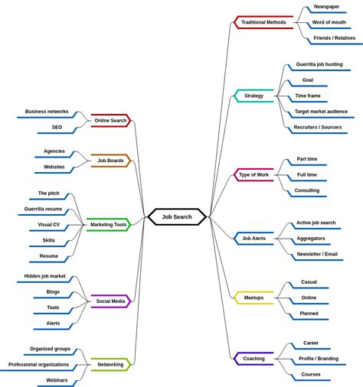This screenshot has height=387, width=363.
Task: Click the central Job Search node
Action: point(177,216)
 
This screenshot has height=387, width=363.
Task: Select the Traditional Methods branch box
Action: point(263,22)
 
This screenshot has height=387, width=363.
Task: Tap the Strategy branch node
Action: point(253,96)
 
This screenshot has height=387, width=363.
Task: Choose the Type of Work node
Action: point(253,174)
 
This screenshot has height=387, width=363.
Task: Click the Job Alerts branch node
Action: point(253,238)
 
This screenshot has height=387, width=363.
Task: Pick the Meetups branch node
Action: point(253,298)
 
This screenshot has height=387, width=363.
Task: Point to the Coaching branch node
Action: point(253,358)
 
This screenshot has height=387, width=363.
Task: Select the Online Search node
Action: point(111,120)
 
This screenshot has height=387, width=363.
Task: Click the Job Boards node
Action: point(111,161)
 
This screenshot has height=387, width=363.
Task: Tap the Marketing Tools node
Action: point(108,224)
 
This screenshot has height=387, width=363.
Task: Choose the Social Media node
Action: point(111,301)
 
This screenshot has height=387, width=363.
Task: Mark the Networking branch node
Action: point(111,364)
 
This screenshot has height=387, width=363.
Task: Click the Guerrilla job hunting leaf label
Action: point(319,64)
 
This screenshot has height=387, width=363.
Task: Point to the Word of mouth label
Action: point(329,22)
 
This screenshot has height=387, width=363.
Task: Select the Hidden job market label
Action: point(44,276)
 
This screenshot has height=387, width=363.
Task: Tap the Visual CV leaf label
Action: point(49,225)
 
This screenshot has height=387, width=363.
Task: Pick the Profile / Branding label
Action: point(319,359)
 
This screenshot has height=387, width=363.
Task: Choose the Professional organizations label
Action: point(39,364)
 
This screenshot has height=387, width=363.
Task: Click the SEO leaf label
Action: point(57,127)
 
